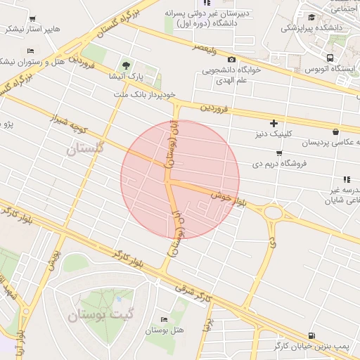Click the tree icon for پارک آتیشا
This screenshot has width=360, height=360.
pos(126,63)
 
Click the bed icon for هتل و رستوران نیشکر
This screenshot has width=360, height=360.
pos(30,51)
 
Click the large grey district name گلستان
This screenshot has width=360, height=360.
pos(85,148)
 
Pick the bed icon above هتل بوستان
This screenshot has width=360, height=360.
pos(165,319)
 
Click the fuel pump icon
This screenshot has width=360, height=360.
pos(311,336)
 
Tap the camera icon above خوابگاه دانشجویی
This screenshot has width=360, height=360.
pos(232,60)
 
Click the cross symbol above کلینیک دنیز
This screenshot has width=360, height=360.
pos(274,124)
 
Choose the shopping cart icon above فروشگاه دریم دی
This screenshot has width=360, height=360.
pos(279,153)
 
